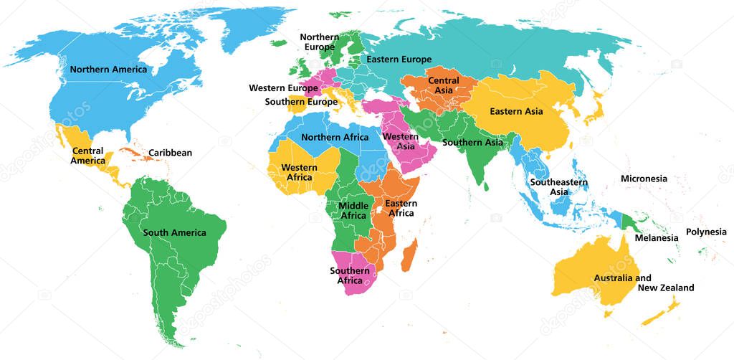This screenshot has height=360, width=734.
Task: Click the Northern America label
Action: (108, 70)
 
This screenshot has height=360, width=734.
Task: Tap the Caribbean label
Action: (170, 153)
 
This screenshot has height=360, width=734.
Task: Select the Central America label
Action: (87, 156)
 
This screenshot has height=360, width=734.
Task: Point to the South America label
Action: (174, 232)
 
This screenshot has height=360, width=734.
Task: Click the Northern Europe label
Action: (319, 42)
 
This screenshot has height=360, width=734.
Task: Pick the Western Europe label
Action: (283, 88)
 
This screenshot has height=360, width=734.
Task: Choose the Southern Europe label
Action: (301, 102)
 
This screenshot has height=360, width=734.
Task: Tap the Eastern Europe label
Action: (399, 60)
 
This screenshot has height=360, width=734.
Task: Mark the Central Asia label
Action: (444, 86)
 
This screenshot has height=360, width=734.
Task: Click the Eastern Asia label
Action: (516, 111)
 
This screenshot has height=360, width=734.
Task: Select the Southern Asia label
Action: (472, 142)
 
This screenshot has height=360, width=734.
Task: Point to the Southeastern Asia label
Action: (559, 187)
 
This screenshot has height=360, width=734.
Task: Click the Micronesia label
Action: (644, 179)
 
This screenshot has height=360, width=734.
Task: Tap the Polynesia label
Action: (706, 232)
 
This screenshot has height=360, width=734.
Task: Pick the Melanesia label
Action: (656, 237)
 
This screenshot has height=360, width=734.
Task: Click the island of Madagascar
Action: (408, 255)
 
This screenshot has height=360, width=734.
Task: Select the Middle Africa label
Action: (353, 211)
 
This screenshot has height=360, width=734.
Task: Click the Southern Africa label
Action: (349, 275)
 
